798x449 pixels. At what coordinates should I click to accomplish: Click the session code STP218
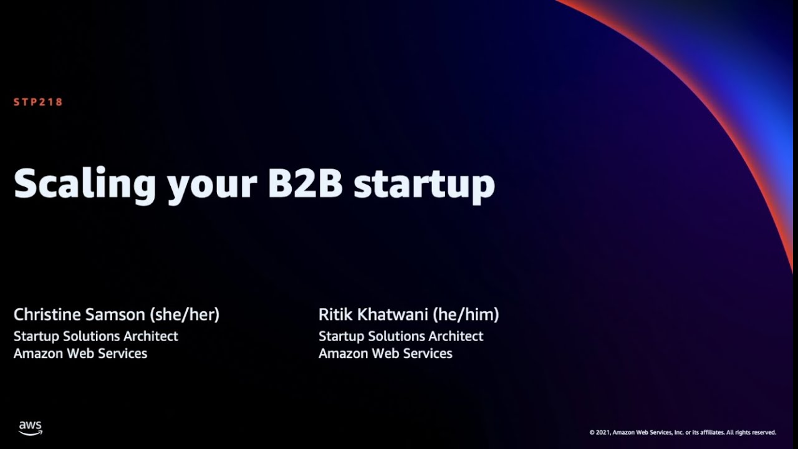38,102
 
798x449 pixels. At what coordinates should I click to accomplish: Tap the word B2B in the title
305,183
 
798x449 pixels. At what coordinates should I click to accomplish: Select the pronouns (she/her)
185,315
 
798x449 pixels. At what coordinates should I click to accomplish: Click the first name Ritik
335,314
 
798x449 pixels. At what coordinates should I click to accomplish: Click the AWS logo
30,428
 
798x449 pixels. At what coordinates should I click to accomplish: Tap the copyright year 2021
602,432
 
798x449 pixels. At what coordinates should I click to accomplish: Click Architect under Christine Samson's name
151,336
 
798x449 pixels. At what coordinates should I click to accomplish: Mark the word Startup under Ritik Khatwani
341,337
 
